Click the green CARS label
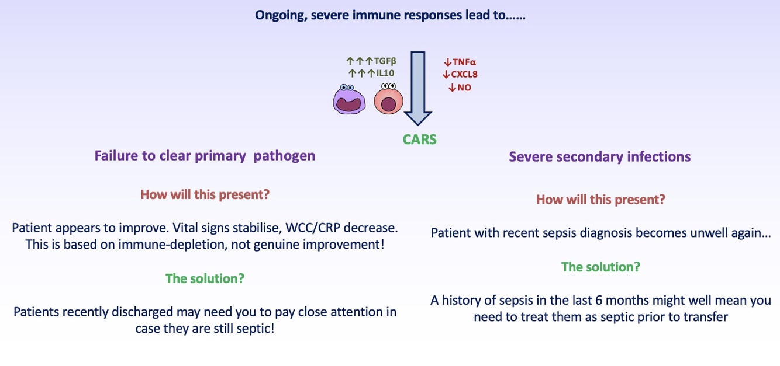pos(419,140)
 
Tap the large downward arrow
pos(417,88)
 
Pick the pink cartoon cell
pos(388,99)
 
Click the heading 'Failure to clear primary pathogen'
pos(205,156)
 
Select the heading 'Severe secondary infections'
pos(599,157)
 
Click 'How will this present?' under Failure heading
pos(205,194)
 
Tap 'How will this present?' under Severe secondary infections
pos(600,200)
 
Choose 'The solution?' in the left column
pos(205,278)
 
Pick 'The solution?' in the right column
pos(600,267)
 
